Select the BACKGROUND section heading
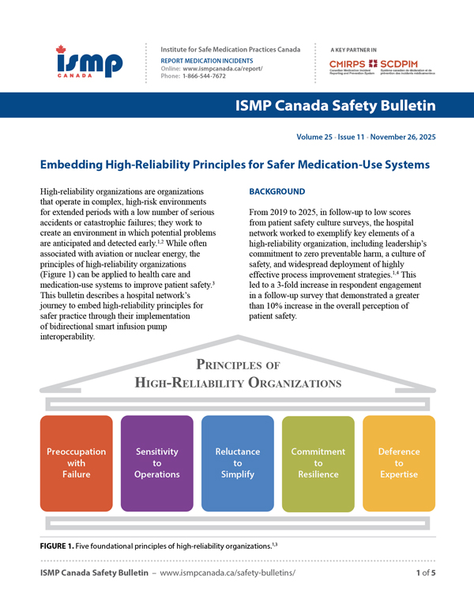tap(276, 192)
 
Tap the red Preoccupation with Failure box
tap(76, 463)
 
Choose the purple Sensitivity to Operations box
tap(156, 463)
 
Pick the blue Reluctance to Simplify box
tap(237, 463)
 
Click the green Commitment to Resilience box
tap(318, 463)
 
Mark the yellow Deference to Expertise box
tap(398, 463)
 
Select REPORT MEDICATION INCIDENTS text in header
tap(207, 60)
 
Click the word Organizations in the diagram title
tap(280, 384)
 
